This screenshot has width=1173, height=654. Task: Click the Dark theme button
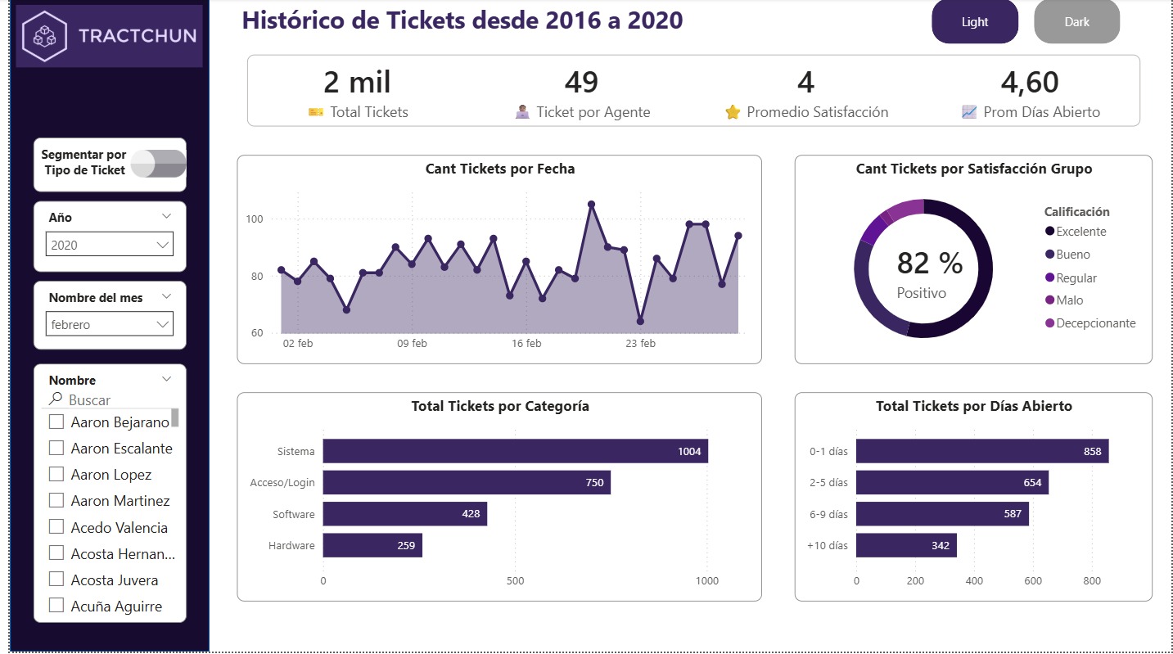1076,22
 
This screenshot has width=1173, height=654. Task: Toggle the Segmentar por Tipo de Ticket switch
159,164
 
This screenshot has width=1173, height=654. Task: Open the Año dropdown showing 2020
109,245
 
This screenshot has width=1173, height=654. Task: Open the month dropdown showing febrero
109,324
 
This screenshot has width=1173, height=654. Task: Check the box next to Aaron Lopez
56,475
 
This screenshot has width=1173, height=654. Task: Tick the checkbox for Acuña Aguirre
56,607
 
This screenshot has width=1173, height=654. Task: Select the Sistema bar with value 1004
515,451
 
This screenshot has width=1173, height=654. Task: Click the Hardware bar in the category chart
372,545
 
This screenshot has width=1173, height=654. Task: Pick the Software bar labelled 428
404,514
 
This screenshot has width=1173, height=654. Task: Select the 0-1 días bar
981,451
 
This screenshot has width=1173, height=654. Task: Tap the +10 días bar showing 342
906,545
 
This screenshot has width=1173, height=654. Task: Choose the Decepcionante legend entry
1095,323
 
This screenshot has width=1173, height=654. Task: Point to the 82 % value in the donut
929,264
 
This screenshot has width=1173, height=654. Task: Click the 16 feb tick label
526,344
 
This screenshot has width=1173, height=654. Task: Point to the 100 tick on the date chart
254,219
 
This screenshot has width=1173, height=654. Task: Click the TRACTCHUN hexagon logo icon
45,35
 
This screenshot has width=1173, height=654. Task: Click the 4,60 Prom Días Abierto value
1030,83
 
